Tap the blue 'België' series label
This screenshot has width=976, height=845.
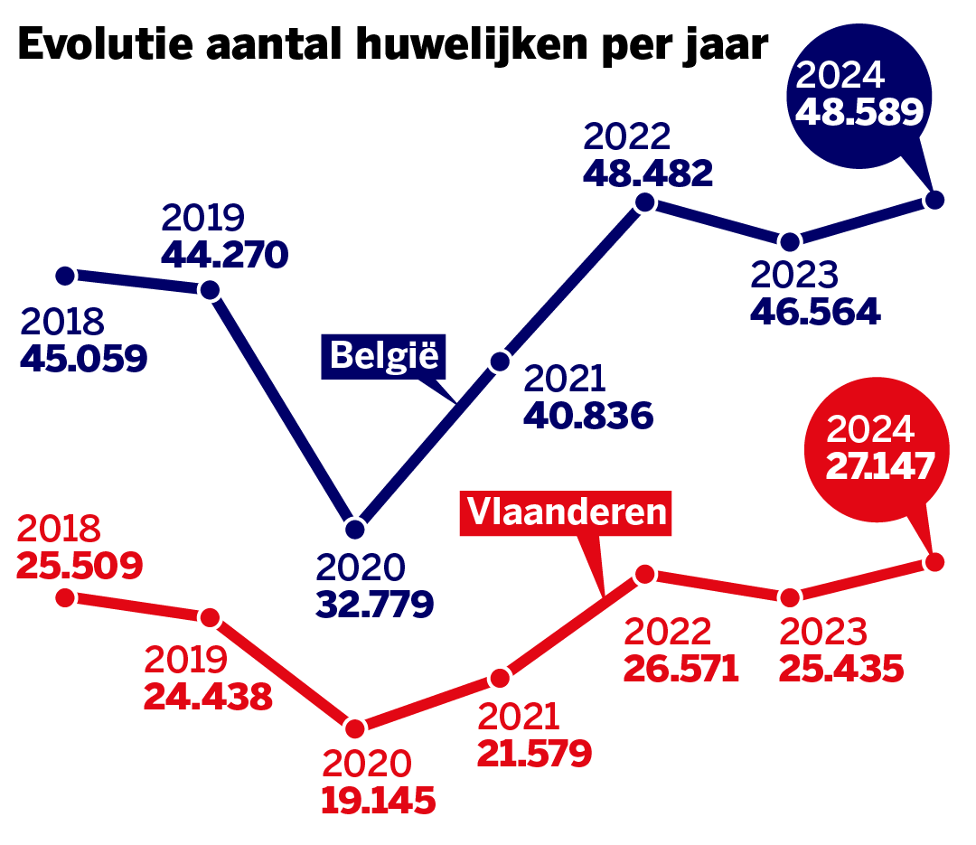tap(384, 355)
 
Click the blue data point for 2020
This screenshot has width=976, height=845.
tap(355, 528)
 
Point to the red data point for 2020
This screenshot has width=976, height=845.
tap(355, 728)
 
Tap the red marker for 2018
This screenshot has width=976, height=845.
tap(65, 597)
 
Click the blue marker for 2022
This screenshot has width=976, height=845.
tap(644, 202)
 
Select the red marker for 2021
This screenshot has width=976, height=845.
tap(500, 678)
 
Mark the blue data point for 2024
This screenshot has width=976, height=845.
tap(935, 199)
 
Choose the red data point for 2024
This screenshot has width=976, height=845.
tap(935, 562)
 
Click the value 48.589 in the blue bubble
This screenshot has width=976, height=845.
tap(858, 111)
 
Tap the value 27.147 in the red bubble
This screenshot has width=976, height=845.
tap(878, 466)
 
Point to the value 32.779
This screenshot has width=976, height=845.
tap(374, 603)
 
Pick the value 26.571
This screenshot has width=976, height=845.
tap(681, 670)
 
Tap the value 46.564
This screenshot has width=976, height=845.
tap(815, 311)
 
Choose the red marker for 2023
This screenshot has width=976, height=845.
tap(790, 597)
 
